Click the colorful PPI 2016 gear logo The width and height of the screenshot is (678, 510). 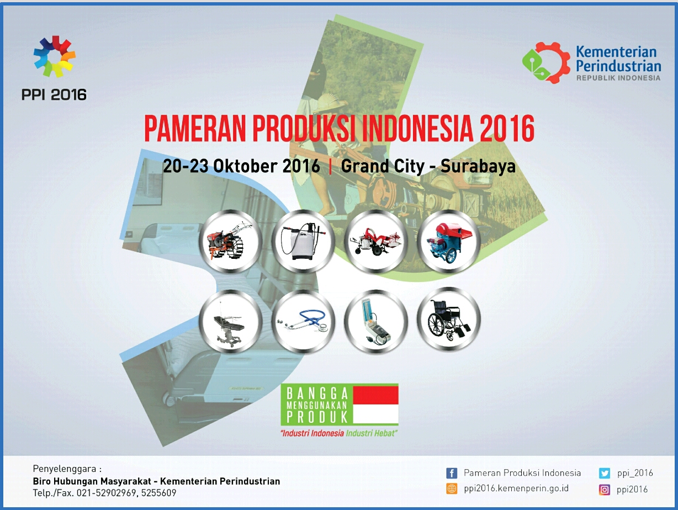pos(54,56)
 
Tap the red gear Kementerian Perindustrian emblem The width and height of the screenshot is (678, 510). pos(546,63)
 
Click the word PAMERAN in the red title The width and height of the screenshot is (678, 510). pos(195,128)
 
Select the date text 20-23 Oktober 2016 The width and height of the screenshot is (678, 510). pos(241,166)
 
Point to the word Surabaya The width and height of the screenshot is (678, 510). pos(478,166)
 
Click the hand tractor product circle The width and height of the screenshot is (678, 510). pos(230,241)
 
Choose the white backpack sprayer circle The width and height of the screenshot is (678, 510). pos(303,241)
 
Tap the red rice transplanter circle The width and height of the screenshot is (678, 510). pos(376,241)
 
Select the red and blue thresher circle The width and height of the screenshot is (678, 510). pos(449,241)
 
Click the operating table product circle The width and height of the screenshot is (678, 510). pos(230,321)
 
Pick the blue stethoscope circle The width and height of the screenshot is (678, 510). pos(303,321)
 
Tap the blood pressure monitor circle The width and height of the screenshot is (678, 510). pos(376,321)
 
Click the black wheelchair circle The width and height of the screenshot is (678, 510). pos(449,320)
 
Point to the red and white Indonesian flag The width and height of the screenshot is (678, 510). pos(375,405)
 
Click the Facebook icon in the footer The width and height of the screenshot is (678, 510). pos(452,473)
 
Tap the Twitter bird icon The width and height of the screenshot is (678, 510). pos(604,473)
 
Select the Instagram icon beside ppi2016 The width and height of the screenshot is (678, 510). pos(604,490)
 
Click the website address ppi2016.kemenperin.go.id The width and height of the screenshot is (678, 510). pos(516,488)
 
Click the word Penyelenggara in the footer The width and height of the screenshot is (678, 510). pos(65,469)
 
